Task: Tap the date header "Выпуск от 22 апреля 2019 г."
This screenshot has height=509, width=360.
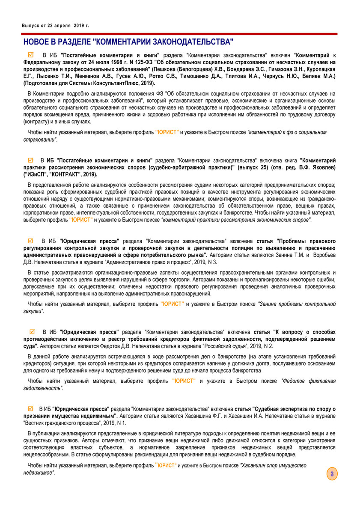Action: pyautogui.click(x=56, y=26)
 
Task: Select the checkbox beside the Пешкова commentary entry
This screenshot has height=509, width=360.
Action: pyautogui.click(x=31, y=55)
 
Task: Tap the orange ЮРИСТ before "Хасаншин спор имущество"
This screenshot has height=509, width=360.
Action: pyautogui.click(x=165, y=465)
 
